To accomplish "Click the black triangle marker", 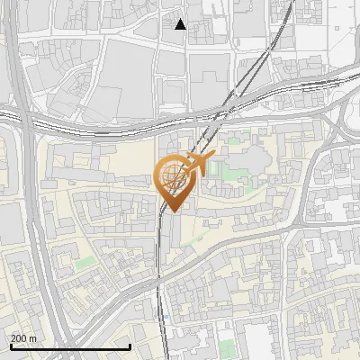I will [x=181, y=24].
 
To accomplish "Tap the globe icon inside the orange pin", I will [x=170, y=177].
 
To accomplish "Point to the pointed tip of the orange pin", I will [x=170, y=211].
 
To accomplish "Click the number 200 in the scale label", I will [x=18, y=337].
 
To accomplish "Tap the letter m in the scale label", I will [x=33, y=337].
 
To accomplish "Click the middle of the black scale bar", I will [x=70, y=346].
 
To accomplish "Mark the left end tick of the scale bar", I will [x=11, y=346].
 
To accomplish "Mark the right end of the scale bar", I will [x=130, y=346].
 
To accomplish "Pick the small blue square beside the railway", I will [x=167, y=318].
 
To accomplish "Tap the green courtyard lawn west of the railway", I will [x=85, y=262].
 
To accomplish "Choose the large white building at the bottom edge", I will [x=261, y=342].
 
